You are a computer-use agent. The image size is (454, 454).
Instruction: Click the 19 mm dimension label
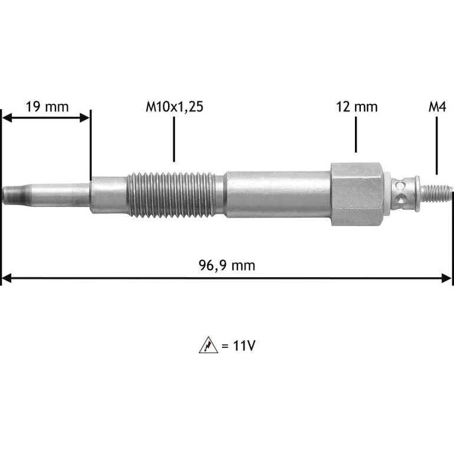(x=47, y=107)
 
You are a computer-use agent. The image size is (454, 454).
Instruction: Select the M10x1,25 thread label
(x=175, y=107)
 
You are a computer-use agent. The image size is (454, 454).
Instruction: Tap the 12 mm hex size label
(x=357, y=107)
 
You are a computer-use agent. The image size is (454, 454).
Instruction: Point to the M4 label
(x=437, y=107)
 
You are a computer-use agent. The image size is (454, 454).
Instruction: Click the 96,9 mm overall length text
(x=227, y=265)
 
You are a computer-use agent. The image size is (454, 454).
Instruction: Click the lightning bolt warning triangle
(x=208, y=345)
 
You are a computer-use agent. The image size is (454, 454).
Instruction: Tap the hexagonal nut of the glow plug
(x=357, y=194)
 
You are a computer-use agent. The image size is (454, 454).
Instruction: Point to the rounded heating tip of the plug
(x=15, y=195)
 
